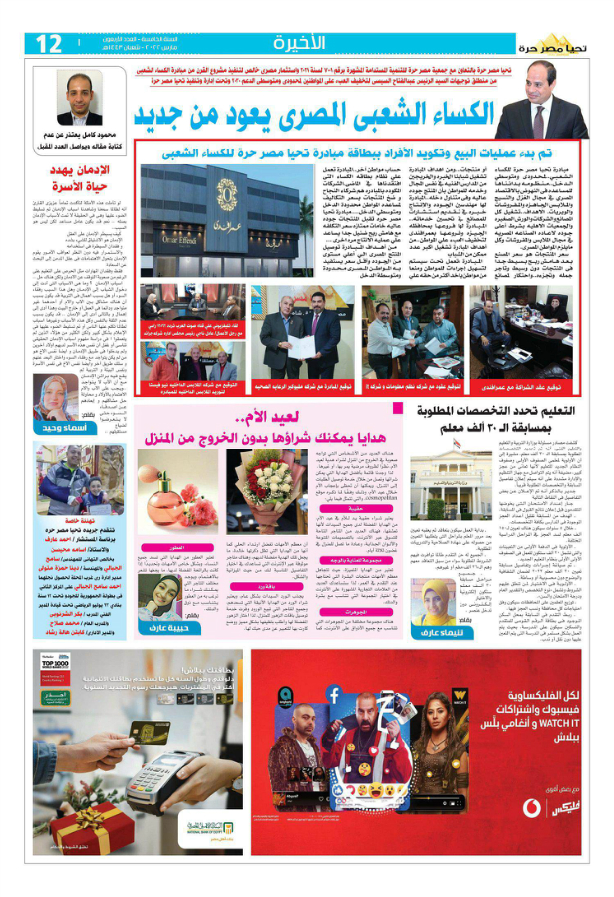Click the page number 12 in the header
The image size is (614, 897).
coord(47,43)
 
